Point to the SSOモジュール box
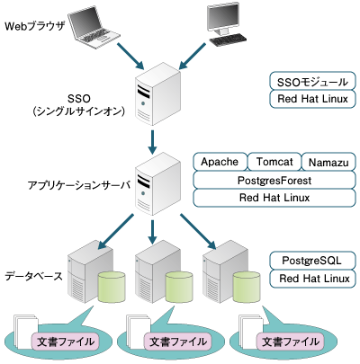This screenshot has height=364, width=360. [312, 81]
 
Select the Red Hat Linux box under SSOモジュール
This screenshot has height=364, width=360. [312, 100]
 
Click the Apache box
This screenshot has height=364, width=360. [219, 161]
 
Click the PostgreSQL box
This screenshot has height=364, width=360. [312, 260]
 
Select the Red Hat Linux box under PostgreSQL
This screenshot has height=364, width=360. [312, 279]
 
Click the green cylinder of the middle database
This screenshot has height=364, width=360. [177, 288]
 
